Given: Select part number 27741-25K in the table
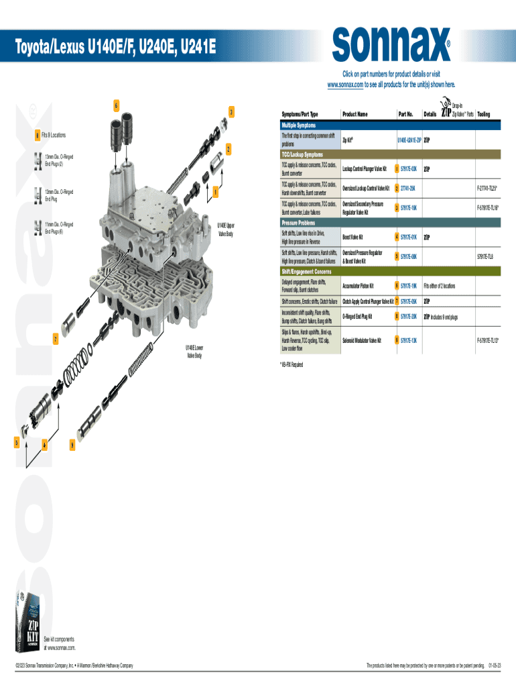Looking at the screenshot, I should pos(409,187).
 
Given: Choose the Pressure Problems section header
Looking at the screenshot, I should pos(300,223).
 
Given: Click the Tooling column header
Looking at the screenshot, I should pos(483,114).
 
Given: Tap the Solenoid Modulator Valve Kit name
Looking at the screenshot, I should pos(362,341).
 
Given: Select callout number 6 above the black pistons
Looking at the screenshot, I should pos(116,106).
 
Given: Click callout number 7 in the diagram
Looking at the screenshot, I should pos(56,339).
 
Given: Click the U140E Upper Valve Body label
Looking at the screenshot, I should pos(225,229).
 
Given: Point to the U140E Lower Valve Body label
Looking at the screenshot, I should pos(195,351).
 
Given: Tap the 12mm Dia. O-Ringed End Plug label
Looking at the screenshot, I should pos(59,195).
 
